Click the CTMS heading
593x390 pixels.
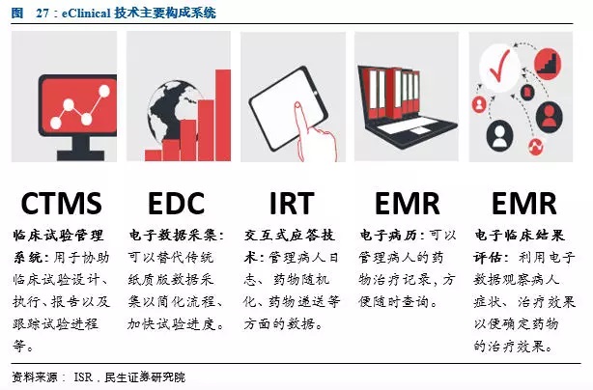(61, 204)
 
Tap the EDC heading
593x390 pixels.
(176, 204)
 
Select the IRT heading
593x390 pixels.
(292, 204)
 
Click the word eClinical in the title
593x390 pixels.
(86, 14)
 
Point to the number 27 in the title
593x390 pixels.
(42, 14)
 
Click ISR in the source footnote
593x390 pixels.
(83, 376)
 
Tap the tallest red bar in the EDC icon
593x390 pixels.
(223, 115)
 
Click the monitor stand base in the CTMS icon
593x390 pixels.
(80, 155)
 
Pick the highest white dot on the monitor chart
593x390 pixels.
(103, 91)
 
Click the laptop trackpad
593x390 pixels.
(417, 131)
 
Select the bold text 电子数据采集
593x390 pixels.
(174, 235)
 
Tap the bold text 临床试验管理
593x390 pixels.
(58, 235)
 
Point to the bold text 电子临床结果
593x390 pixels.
(520, 235)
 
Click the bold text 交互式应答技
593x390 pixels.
(290, 235)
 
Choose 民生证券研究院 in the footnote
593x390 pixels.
(145, 376)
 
